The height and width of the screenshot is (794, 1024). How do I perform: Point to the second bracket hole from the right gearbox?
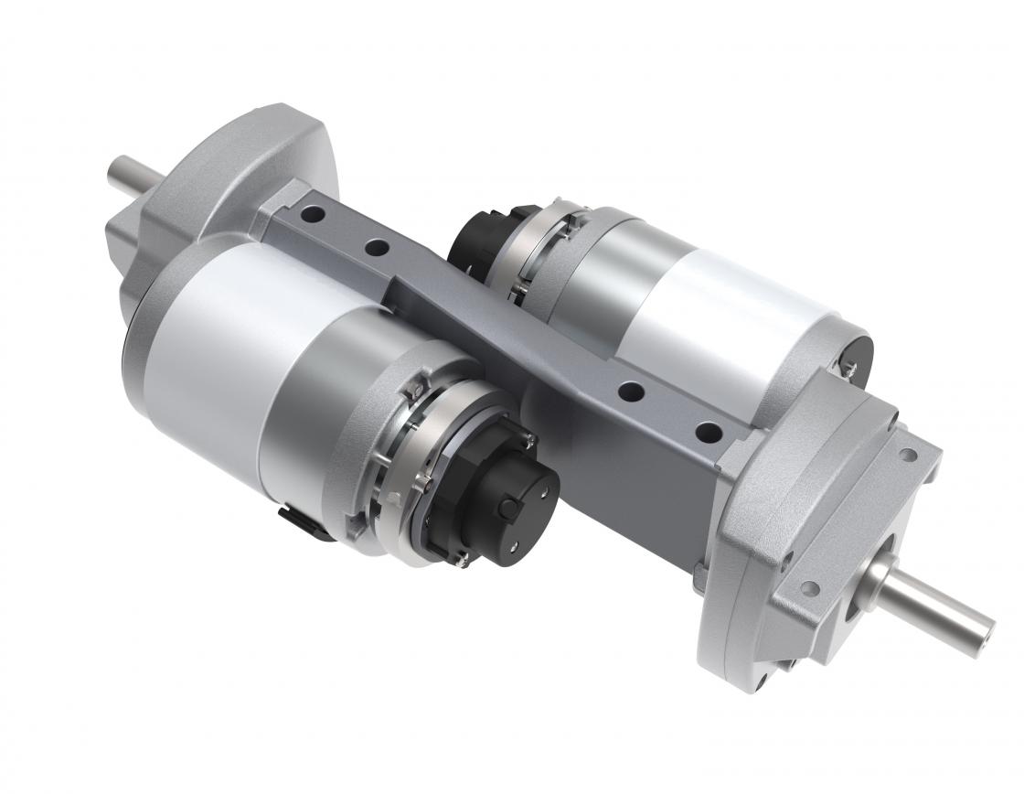pyautogui.click(x=630, y=391)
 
